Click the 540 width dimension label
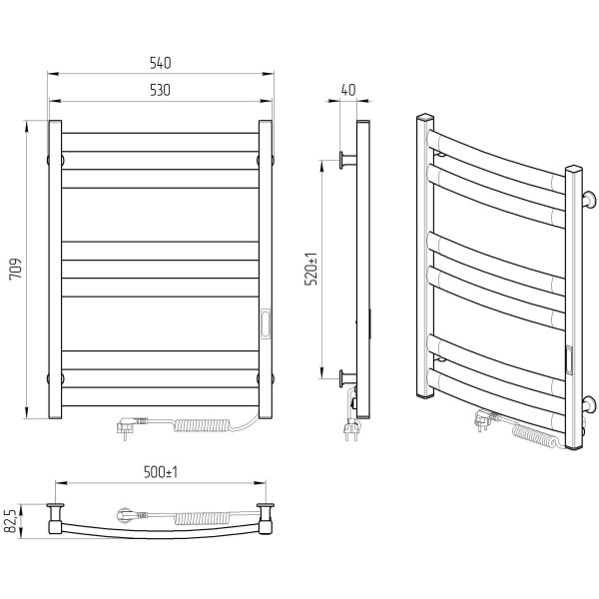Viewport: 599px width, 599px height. (160, 63)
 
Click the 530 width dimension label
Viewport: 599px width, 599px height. (160, 91)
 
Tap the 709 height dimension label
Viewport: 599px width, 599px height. (16, 270)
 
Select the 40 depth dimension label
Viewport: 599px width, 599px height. (348, 90)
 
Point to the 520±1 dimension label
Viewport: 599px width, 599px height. (311, 269)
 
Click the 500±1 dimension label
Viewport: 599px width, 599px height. (161, 472)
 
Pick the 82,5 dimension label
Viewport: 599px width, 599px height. (11, 521)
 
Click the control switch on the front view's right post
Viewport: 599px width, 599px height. (266, 323)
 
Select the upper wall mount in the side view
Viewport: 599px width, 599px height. (347, 160)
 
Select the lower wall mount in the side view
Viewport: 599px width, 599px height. (347, 378)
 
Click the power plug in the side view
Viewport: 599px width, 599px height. (351, 429)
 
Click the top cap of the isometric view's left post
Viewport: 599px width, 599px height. (425, 117)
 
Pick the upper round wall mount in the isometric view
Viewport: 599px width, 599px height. (588, 201)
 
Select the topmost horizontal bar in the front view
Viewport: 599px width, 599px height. (160, 142)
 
